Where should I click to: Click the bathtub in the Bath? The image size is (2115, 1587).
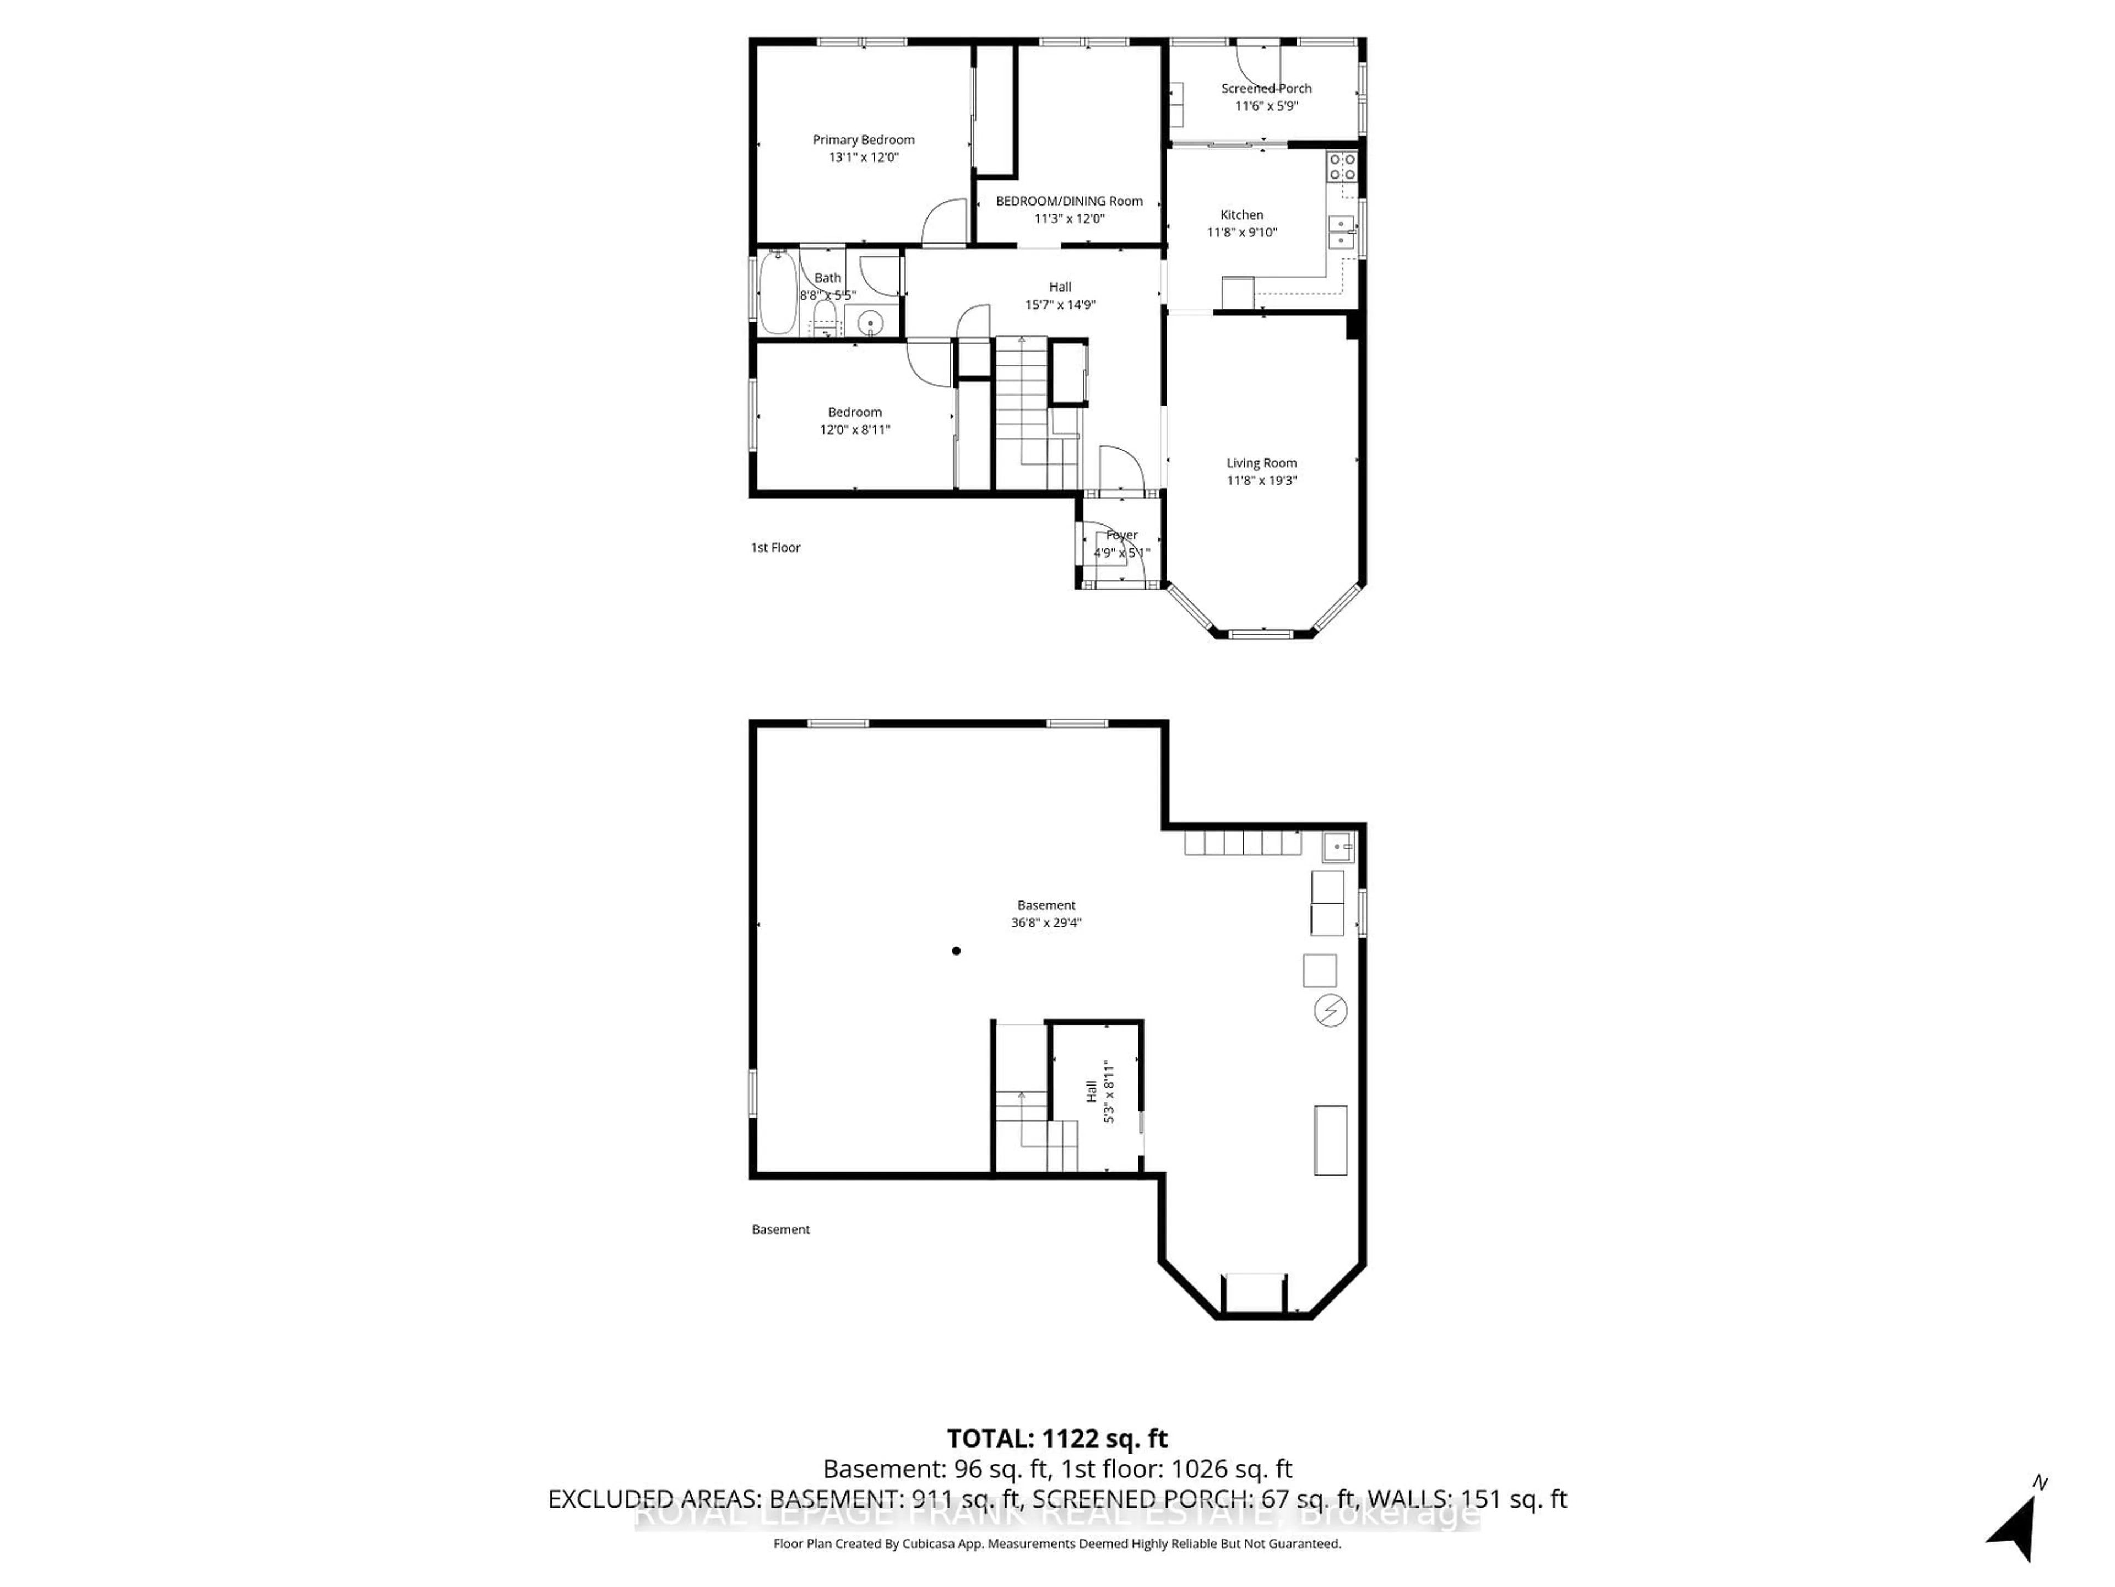777,292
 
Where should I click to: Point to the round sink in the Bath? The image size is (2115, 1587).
870,323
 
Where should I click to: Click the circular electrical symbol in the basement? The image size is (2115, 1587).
1330,1011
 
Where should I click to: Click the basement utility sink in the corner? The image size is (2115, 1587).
1338,846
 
